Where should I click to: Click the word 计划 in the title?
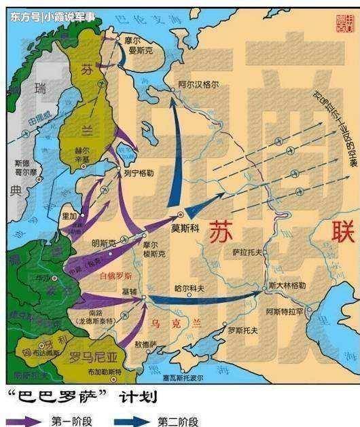pyautogui.click(x=136, y=396)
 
